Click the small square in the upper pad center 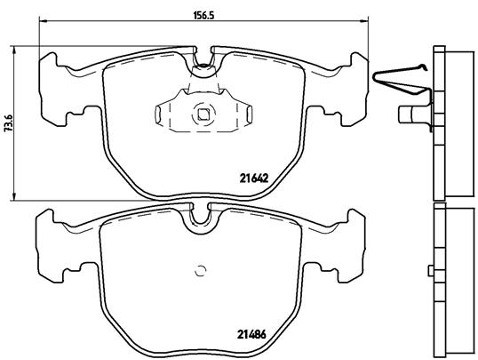pyautogui.click(x=204, y=113)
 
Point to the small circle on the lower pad pyautogui.click(x=201, y=268)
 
